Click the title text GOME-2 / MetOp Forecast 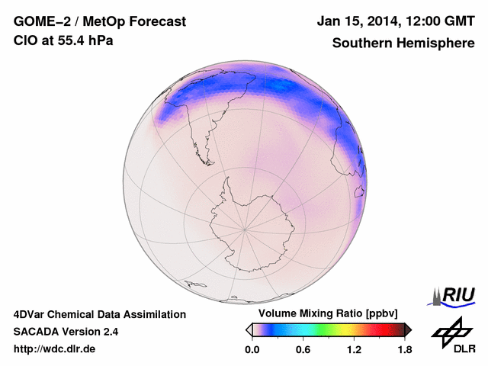[x=100, y=22]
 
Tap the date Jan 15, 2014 [x=357, y=22]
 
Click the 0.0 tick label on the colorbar [x=252, y=350]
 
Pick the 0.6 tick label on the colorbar [x=303, y=350]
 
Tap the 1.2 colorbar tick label [x=354, y=350]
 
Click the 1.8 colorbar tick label [x=404, y=350]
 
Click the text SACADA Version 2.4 [x=66, y=332]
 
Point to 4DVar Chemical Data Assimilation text [x=99, y=314]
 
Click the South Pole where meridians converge [x=244, y=227]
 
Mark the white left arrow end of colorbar [x=249, y=329]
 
